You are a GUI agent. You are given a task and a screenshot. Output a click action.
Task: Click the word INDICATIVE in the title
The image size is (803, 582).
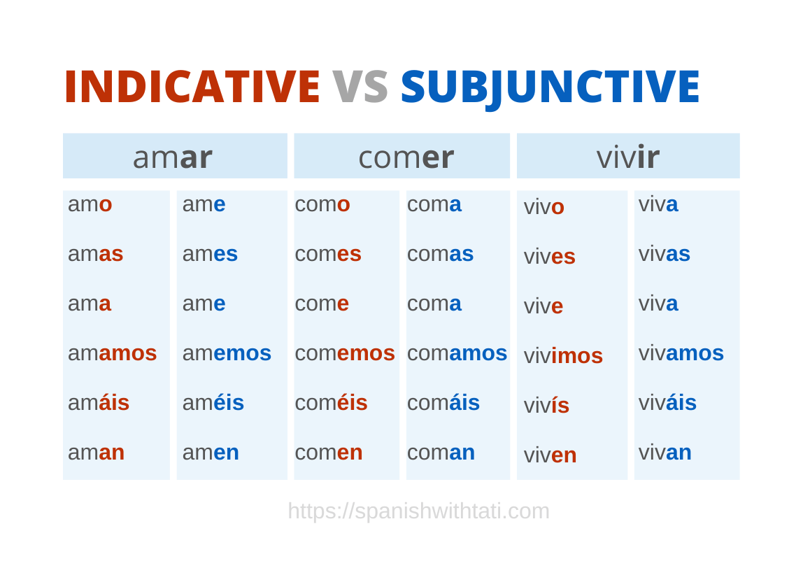click(x=192, y=87)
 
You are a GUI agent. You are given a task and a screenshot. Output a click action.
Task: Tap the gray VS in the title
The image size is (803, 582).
click(x=360, y=87)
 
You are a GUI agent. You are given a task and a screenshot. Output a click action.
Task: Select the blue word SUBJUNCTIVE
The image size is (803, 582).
click(x=550, y=87)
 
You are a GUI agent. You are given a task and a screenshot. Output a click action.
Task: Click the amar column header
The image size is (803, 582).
click(x=173, y=157)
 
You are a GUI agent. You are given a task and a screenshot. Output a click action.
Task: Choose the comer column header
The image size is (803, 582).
click(x=406, y=157)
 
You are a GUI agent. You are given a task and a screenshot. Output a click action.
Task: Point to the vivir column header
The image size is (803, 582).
click(x=627, y=157)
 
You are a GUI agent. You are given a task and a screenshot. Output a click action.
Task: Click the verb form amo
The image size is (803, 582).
click(x=90, y=204)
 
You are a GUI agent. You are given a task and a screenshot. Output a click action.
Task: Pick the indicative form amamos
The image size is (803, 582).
click(x=112, y=353)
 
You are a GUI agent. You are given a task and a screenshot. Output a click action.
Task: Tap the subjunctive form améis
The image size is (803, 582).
click(x=213, y=402)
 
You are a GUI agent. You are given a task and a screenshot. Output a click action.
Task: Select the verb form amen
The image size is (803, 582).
click(x=211, y=452)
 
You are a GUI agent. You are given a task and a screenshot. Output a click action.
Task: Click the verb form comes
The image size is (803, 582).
click(x=328, y=253)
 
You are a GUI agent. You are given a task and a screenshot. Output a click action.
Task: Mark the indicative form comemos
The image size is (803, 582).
click(x=345, y=353)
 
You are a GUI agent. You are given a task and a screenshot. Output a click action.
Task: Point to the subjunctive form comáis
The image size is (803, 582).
click(x=443, y=402)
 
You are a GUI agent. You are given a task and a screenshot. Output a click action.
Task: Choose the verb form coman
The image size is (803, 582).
click(x=441, y=452)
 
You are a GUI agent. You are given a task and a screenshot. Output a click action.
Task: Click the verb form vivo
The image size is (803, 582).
click(x=544, y=207)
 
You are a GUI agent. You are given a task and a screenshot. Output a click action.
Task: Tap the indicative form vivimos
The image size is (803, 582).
click(x=563, y=355)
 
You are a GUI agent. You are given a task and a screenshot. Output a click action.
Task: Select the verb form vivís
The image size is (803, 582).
click(x=546, y=405)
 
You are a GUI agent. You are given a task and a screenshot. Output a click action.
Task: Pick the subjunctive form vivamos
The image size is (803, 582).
click(x=681, y=353)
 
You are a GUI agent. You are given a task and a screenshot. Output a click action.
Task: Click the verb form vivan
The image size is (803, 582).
click(x=665, y=452)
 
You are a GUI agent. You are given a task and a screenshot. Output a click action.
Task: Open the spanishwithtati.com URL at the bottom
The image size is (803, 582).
click(x=418, y=511)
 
